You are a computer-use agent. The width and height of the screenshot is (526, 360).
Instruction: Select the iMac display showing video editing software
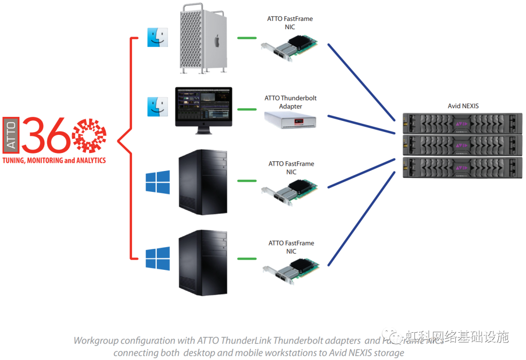tap(204, 106)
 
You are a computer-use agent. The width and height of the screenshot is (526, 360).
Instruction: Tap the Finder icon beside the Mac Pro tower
tap(158, 37)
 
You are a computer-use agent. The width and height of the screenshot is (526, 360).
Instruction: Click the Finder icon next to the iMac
tap(158, 107)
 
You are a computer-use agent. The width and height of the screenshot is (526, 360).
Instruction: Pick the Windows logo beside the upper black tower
tap(158, 182)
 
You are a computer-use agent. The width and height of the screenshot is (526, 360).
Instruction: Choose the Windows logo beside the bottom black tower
tap(158, 258)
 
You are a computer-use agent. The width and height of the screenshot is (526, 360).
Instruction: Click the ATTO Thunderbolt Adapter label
tap(290, 102)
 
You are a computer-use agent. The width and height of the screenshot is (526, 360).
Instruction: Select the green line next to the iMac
tap(247, 109)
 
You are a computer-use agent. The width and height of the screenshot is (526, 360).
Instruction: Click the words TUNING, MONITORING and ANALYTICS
tap(54, 160)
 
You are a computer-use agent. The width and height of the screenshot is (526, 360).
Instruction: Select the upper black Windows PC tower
tap(203, 182)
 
